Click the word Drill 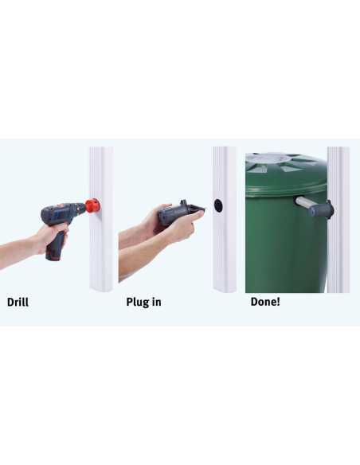(x=18, y=303)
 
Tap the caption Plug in (x=144, y=303)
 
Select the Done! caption (x=265, y=302)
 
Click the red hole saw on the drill (x=92, y=205)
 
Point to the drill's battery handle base (x=53, y=256)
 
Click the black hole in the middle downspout (x=218, y=205)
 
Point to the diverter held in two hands (x=180, y=212)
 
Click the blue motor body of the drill (x=63, y=211)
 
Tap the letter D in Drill (x=10, y=303)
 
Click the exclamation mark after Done (x=278, y=302)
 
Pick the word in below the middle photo (x=157, y=302)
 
